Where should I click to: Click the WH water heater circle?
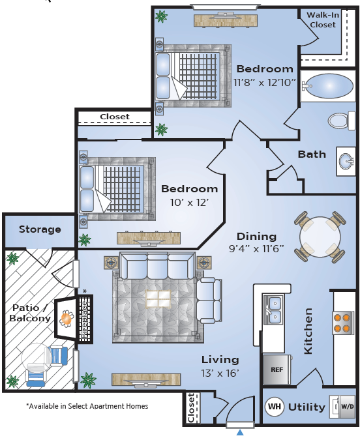275,407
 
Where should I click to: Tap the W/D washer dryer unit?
342,407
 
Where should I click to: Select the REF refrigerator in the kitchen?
277,370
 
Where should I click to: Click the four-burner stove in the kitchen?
342,323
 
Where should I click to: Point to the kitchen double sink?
273,310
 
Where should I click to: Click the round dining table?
320,237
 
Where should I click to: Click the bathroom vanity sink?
346,162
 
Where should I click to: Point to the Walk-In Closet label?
323,20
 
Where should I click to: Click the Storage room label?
40,229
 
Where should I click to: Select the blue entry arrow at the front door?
240,432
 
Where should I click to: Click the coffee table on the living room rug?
158,299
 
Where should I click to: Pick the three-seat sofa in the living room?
157,266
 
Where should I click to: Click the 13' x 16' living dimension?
220,373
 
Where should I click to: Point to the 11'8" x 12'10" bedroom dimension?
265,82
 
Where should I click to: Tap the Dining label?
256,237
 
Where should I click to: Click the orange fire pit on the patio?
67,319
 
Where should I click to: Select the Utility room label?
307,407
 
